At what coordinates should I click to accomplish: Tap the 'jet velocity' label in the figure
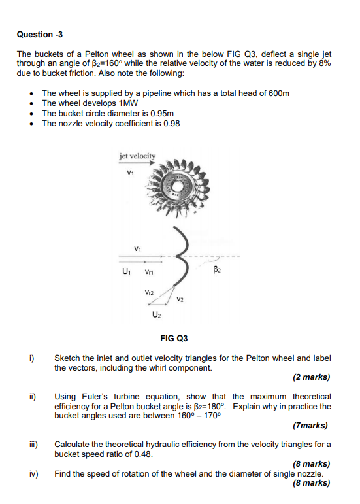point(138,156)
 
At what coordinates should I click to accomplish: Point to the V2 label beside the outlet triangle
point(180,299)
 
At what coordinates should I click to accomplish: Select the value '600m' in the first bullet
point(274,94)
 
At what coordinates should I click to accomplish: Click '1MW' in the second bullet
point(128,103)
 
